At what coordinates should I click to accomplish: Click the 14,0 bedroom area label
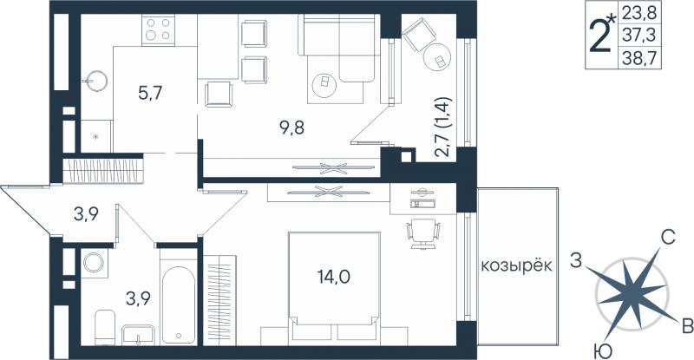pyautogui.click(x=334, y=278)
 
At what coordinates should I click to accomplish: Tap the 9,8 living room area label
pyautogui.click(x=292, y=128)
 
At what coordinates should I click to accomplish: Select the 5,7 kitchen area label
pyautogui.click(x=150, y=94)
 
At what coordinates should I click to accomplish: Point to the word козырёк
pyautogui.click(x=516, y=266)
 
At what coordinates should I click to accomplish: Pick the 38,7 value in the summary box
pyautogui.click(x=638, y=58)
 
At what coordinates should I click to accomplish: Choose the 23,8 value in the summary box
pyautogui.click(x=638, y=13)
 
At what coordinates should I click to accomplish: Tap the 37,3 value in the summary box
pyautogui.click(x=638, y=34)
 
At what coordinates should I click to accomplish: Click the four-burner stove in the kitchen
pyautogui.click(x=158, y=29)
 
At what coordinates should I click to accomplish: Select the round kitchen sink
pyautogui.click(x=97, y=81)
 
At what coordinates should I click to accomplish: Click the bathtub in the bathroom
pyautogui.click(x=178, y=304)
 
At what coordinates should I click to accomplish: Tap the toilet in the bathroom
pyautogui.click(x=105, y=327)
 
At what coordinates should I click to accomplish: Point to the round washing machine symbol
pyautogui.click(x=94, y=263)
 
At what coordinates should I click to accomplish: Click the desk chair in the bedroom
pyautogui.click(x=423, y=234)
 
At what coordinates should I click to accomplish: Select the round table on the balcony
pyautogui.click(x=437, y=57)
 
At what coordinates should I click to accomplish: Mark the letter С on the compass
pyautogui.click(x=667, y=239)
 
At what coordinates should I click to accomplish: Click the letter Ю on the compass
pyautogui.click(x=603, y=352)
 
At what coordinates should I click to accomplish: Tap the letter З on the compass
pyautogui.click(x=575, y=261)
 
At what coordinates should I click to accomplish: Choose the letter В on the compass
pyautogui.click(x=687, y=327)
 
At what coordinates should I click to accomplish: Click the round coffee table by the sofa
pyautogui.click(x=324, y=84)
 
